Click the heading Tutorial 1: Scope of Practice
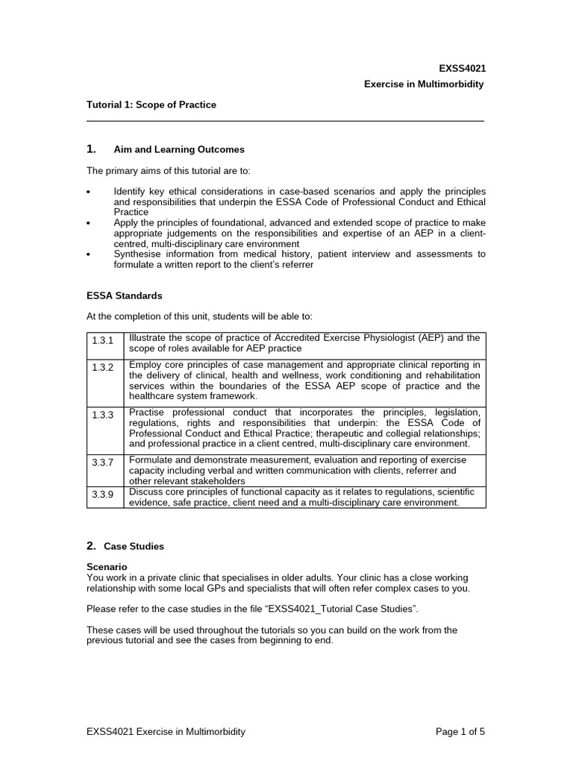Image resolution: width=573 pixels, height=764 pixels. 151,105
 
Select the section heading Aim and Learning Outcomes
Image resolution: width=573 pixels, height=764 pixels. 178,150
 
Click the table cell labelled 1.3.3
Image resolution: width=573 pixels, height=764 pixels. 103,416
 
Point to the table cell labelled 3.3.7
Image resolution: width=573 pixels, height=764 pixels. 103,463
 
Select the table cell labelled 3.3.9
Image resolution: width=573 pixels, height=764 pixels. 103,494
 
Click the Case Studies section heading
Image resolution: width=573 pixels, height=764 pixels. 134,546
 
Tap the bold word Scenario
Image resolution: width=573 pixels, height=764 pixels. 107,567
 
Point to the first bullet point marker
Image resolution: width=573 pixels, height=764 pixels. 90,192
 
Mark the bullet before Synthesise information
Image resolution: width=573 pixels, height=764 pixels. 90,255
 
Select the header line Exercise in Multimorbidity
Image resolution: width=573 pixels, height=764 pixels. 424,84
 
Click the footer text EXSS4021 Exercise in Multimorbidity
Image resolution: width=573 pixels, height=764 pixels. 166,732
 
